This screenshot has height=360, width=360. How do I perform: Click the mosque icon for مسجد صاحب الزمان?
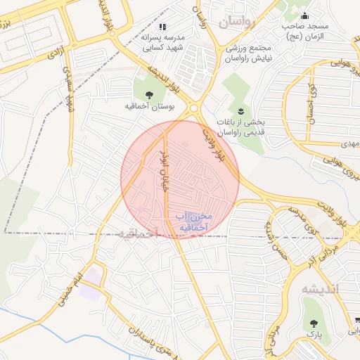[304, 15]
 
